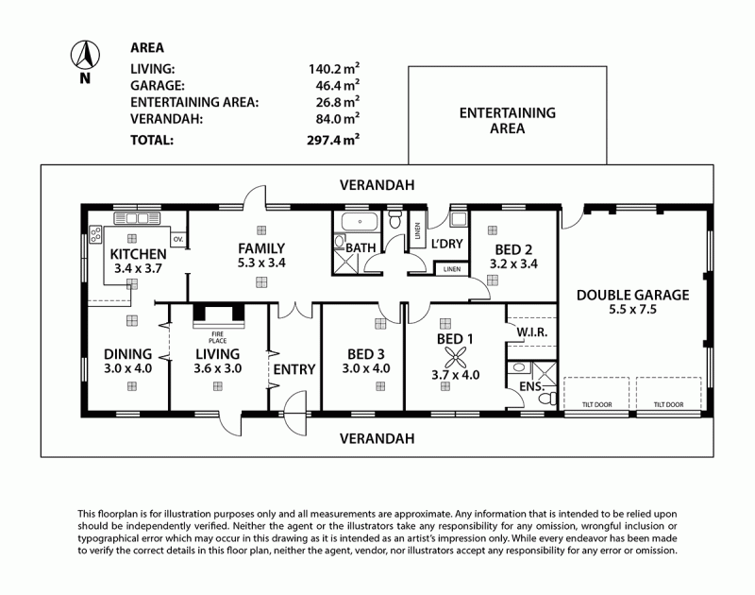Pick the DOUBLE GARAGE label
pyautogui.click(x=632, y=295)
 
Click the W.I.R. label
pyautogui.click(x=533, y=333)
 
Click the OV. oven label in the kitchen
pyautogui.click(x=177, y=239)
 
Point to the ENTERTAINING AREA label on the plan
pyautogui.click(x=507, y=121)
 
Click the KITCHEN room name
pyautogui.click(x=138, y=254)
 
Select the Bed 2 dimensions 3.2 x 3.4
pyautogui.click(x=513, y=265)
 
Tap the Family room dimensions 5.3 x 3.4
pyautogui.click(x=260, y=263)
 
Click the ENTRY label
pyautogui.click(x=293, y=369)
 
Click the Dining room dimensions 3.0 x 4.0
pyautogui.click(x=127, y=369)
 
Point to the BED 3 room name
pyautogui.click(x=363, y=355)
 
